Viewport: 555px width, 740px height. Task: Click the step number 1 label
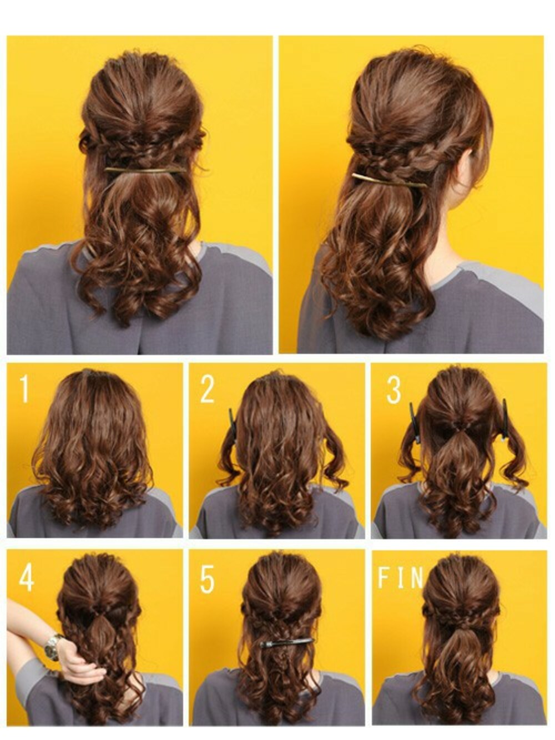[23, 389]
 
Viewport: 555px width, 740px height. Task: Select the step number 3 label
[393, 390]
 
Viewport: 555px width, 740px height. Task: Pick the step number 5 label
[207, 579]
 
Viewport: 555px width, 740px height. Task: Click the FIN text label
[400, 578]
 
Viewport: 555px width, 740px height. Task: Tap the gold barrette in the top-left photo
[145, 170]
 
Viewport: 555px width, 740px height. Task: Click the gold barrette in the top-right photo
[389, 180]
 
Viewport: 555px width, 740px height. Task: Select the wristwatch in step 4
[54, 646]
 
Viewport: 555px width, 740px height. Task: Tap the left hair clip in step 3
[414, 423]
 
